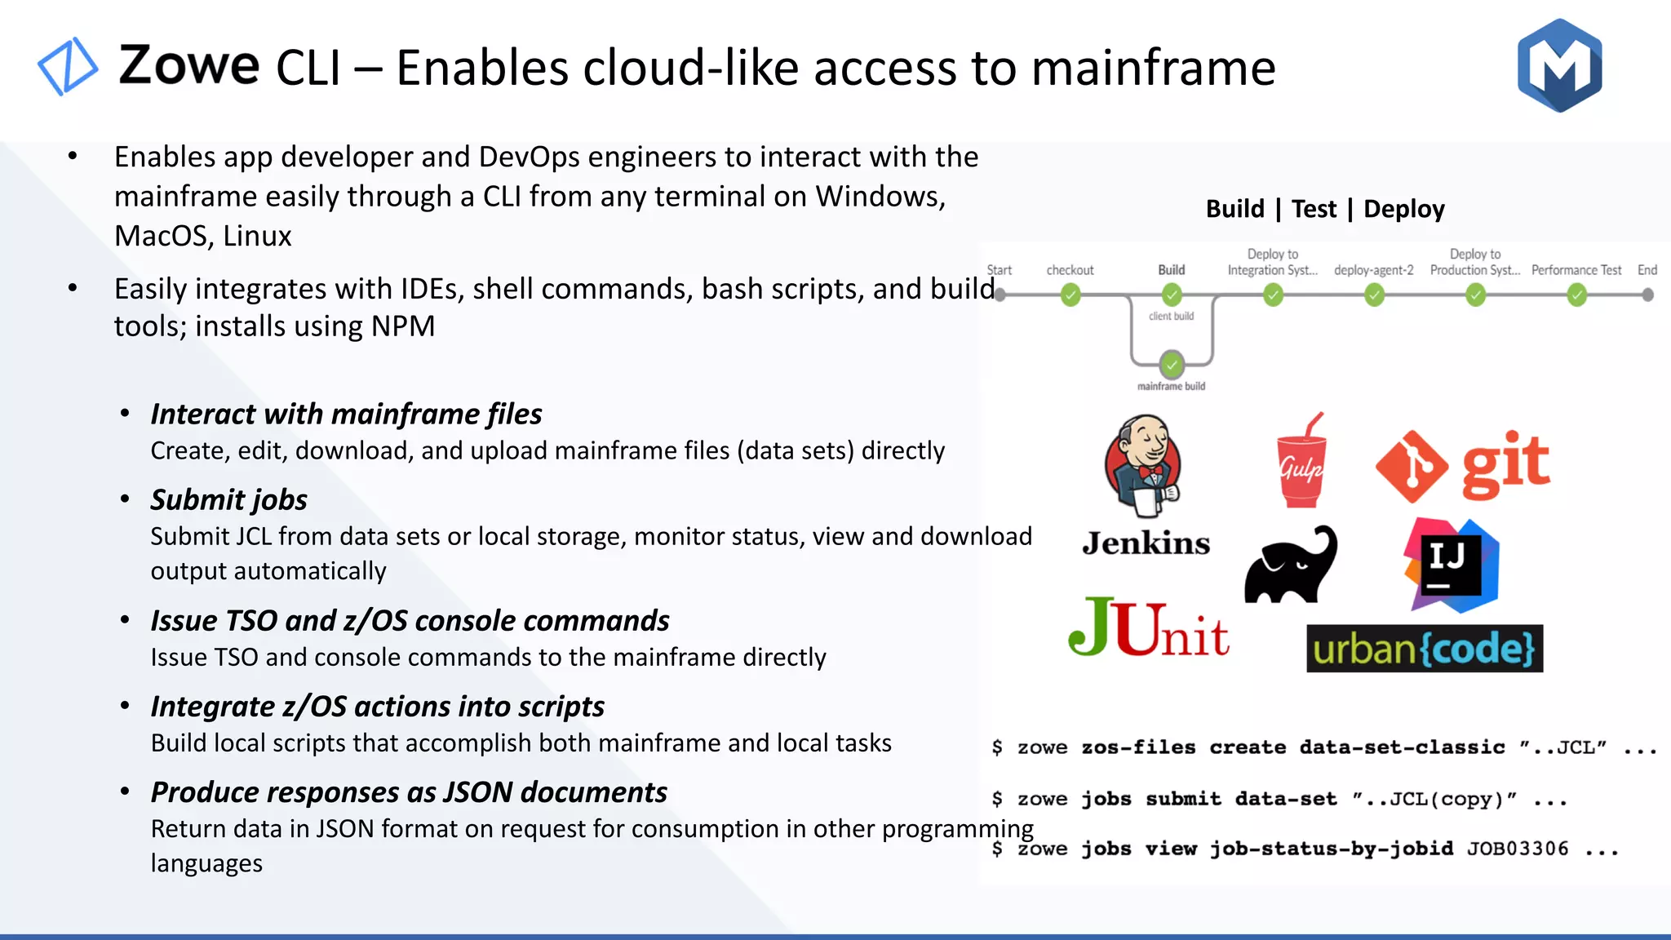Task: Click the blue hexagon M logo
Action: [1559, 65]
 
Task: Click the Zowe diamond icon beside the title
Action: [68, 66]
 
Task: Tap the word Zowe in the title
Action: [189, 65]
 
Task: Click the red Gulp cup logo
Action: [1301, 462]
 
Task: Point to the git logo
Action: [1462, 465]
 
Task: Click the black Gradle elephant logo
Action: [1291, 565]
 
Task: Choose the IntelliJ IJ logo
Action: [1451, 565]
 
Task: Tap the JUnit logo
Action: [1149, 628]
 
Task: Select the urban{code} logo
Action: [1424, 649]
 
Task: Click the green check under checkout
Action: [1070, 295]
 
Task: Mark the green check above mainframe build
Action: [1172, 364]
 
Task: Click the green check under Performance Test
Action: [1576, 295]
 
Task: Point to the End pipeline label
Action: [1647, 270]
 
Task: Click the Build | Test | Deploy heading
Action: [1325, 209]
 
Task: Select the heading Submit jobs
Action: [228, 499]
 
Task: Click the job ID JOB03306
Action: [1518, 849]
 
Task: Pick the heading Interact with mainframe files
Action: [346, 414]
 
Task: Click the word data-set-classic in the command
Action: [1402, 747]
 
